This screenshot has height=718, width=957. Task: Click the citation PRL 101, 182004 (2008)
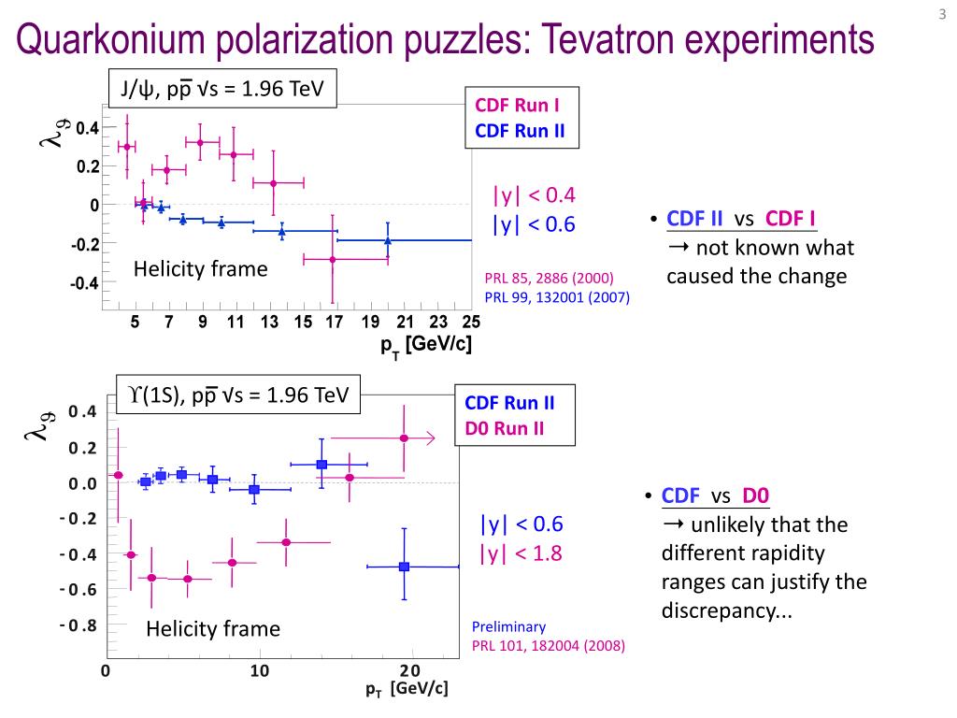pyautogui.click(x=548, y=645)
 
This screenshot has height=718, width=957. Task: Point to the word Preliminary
pyautogui.click(x=508, y=627)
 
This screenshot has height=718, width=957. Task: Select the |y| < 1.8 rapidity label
pyautogui.click(x=521, y=553)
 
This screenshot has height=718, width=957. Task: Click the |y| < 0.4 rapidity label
pyautogui.click(x=535, y=194)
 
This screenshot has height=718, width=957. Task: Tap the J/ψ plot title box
pyautogui.click(x=221, y=90)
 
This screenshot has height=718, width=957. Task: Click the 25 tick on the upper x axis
pyautogui.click(x=471, y=323)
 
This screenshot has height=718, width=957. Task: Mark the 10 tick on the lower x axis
pyautogui.click(x=259, y=670)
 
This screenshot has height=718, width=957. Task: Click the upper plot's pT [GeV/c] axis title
pyautogui.click(x=425, y=345)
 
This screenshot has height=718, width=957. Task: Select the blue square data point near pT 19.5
pyautogui.click(x=405, y=567)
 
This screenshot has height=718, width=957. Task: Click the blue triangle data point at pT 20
pyautogui.click(x=388, y=240)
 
